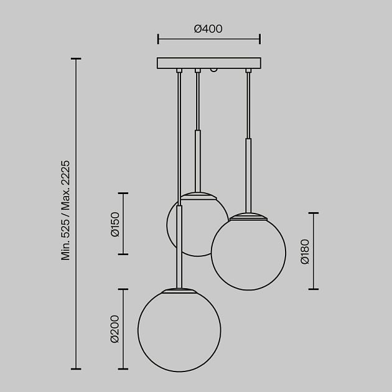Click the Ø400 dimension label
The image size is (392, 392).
[x=208, y=29]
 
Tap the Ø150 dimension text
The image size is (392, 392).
[x=114, y=224]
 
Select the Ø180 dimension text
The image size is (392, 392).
[x=304, y=251]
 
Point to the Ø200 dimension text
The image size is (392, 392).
[x=114, y=329]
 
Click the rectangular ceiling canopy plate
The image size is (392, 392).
[x=209, y=63]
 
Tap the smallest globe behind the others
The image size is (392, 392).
[x=193, y=230]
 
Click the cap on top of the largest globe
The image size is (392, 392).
[x=179, y=290]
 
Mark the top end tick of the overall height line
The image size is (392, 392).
[x=76, y=59]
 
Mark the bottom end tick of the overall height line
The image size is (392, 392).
[x=76, y=369]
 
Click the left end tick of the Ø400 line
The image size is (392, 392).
[x=158, y=39]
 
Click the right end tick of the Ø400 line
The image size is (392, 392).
[x=260, y=39]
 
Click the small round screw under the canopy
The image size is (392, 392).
[x=214, y=72]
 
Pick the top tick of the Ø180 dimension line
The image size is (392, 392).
[x=313, y=213]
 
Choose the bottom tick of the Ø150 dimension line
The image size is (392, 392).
[x=123, y=254]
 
